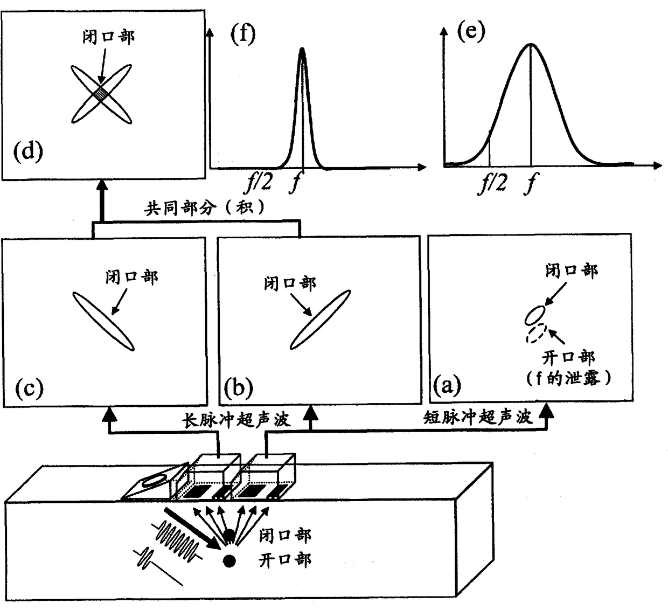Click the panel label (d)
pyautogui.click(x=27, y=152)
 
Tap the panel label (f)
pyautogui.click(x=242, y=37)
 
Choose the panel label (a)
pyautogui.click(x=447, y=385)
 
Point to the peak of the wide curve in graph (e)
pyautogui.click(x=531, y=44)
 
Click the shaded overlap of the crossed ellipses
pyautogui.click(x=101, y=94)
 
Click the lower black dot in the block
pyautogui.click(x=230, y=560)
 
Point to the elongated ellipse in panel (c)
pyautogui.click(x=102, y=321)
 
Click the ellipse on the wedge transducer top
pyautogui.click(x=157, y=479)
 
